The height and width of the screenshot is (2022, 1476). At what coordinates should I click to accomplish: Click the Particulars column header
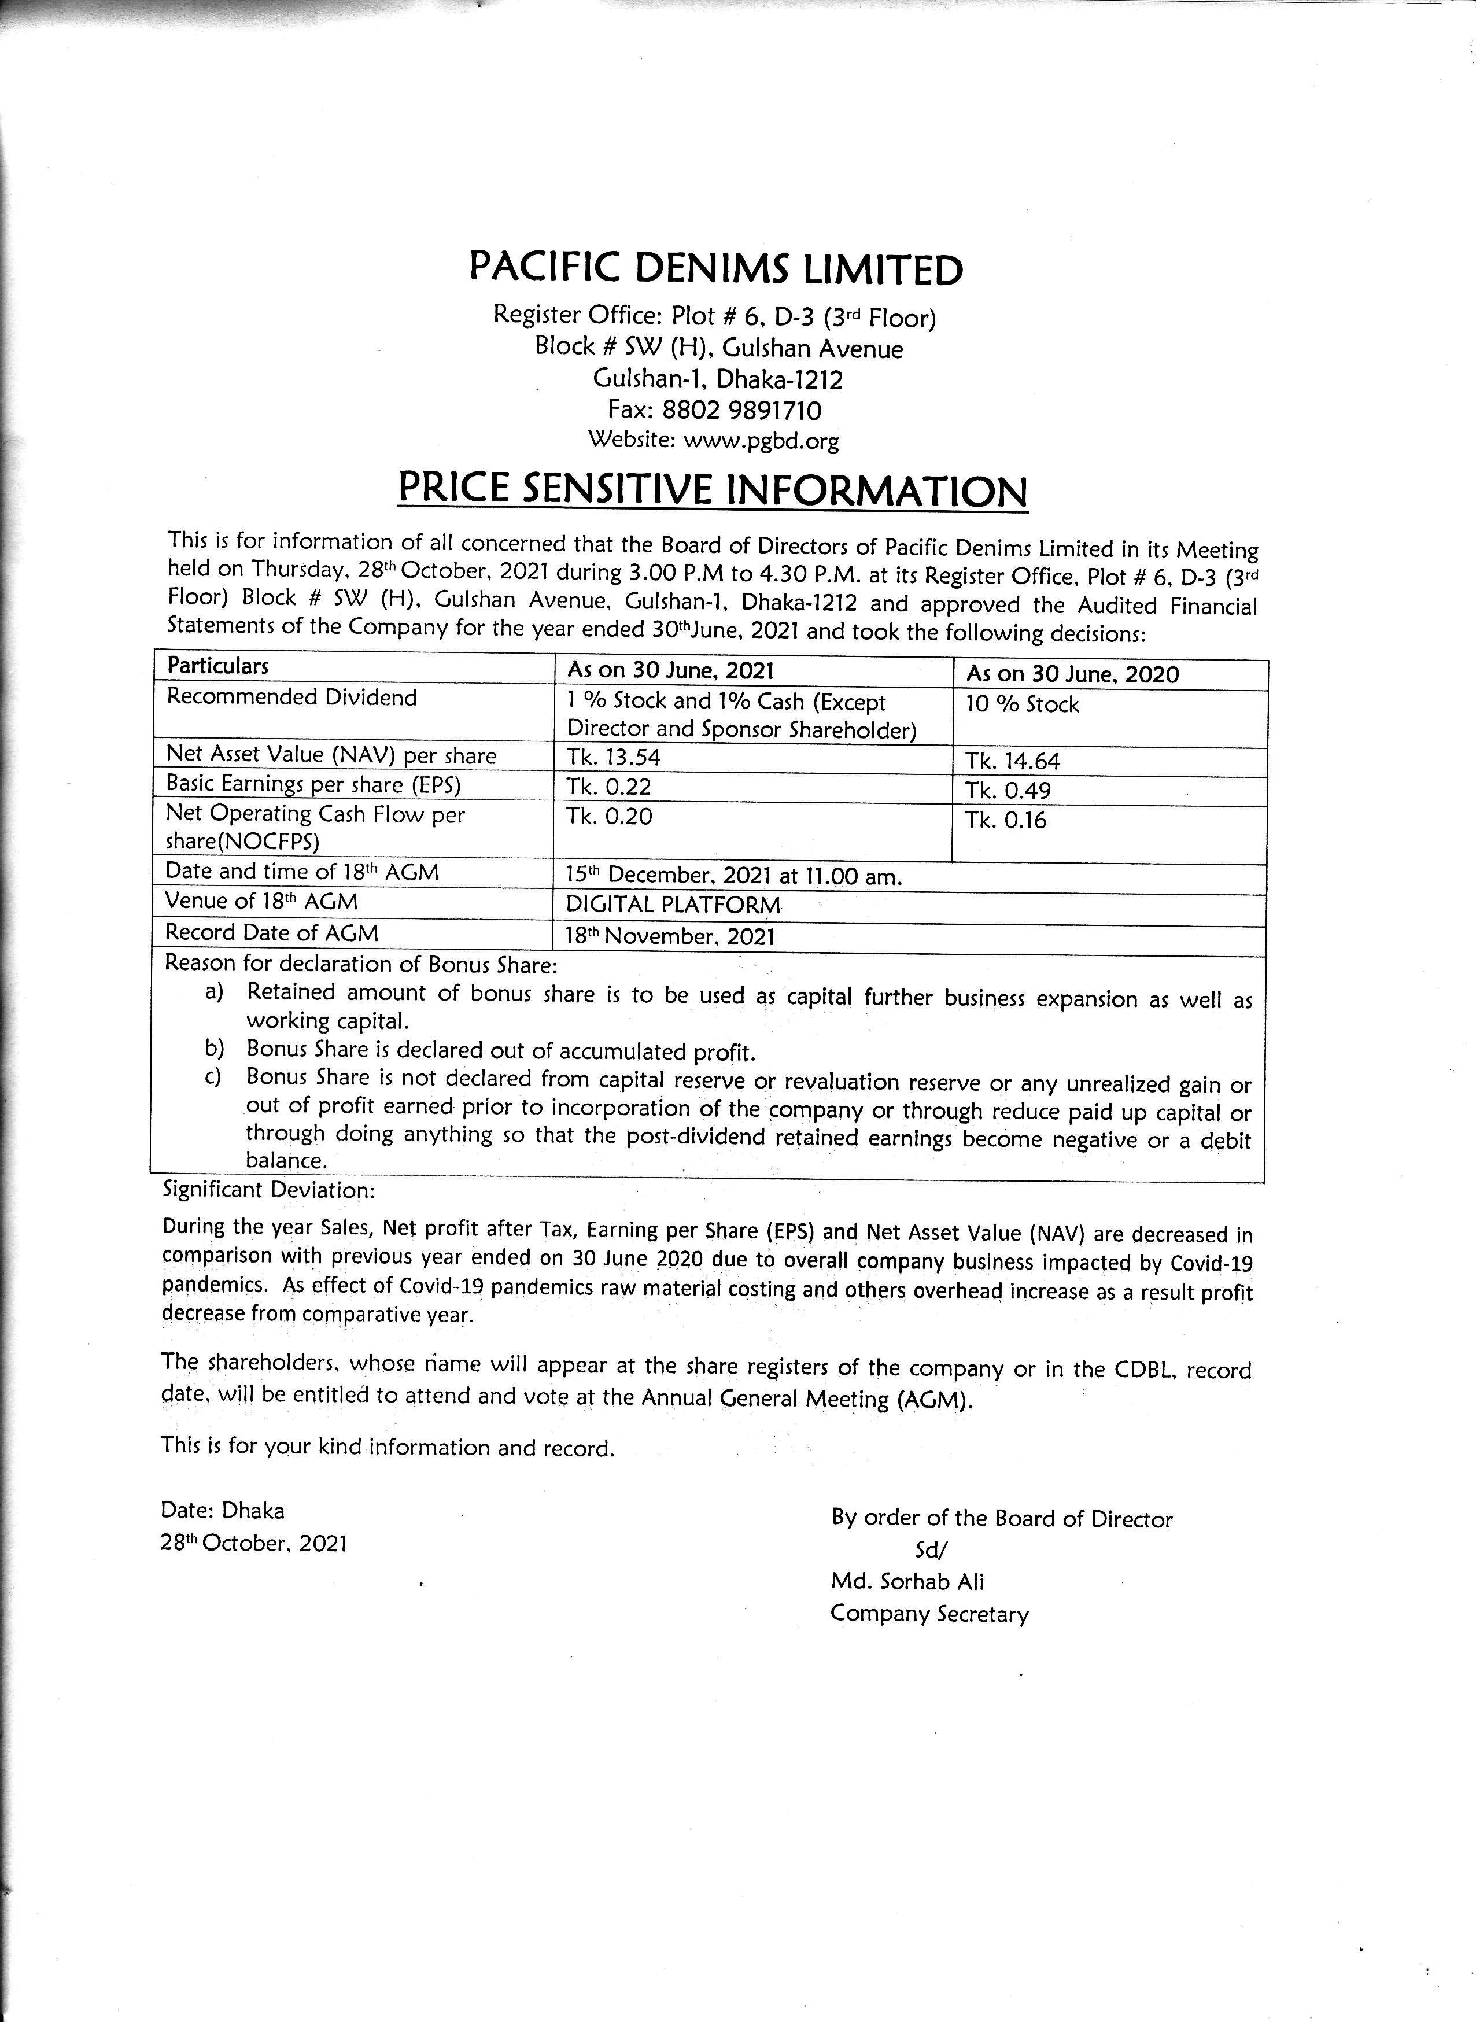click(x=218, y=666)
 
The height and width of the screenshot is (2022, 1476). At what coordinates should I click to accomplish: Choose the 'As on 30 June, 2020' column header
click(x=1072, y=674)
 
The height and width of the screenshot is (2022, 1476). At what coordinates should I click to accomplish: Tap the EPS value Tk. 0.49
click(x=1008, y=791)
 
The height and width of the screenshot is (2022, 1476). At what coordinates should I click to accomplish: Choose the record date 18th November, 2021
click(x=670, y=935)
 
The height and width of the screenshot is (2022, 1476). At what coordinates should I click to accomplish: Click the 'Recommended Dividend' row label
click(x=291, y=697)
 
